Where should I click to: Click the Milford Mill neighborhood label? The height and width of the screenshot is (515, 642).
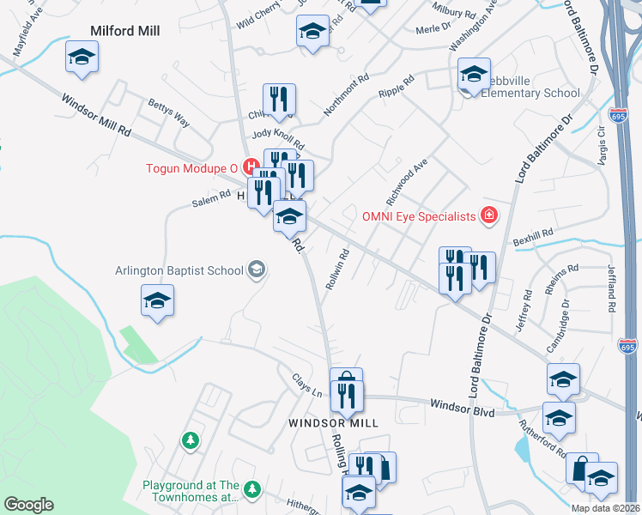(x=125, y=31)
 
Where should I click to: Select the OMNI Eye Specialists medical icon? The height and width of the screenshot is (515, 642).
(x=489, y=215)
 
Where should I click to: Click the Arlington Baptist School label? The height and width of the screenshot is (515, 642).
(x=179, y=270)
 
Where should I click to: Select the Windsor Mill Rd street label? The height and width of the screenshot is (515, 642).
(x=95, y=116)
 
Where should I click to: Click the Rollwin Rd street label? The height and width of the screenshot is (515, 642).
(x=335, y=268)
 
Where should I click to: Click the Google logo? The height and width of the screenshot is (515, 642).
(x=28, y=505)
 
